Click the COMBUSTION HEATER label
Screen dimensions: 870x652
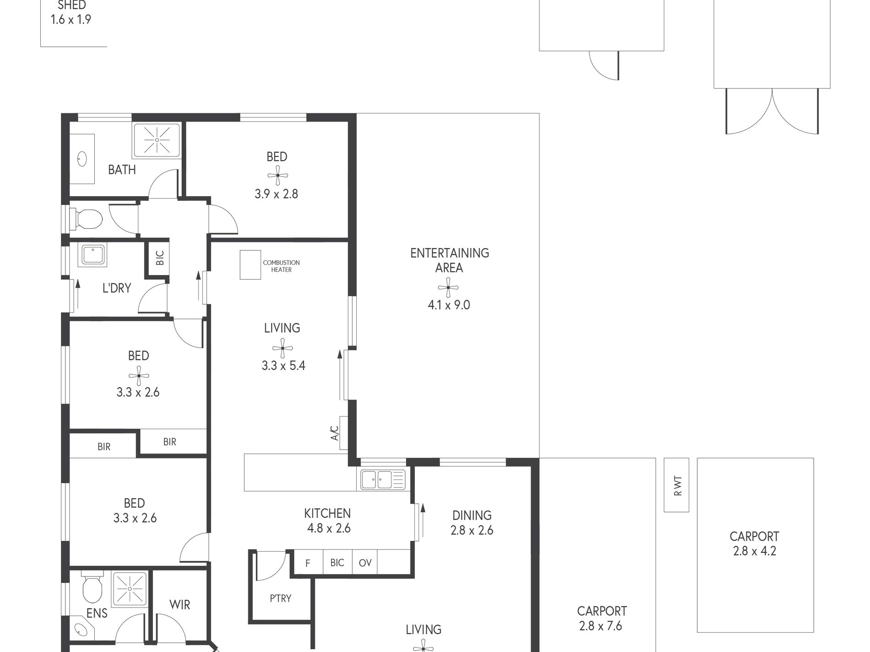[x=281, y=266]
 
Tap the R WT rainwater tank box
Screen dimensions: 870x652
[x=676, y=485]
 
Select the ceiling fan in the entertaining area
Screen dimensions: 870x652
[x=448, y=287]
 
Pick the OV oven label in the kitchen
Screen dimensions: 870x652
[x=365, y=563]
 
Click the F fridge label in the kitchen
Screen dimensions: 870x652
[x=308, y=563]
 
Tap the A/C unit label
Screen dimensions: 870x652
[x=335, y=433]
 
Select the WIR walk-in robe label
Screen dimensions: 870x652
[x=179, y=605]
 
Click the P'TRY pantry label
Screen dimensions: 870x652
[x=280, y=598]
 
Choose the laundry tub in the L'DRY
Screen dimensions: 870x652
[x=93, y=255]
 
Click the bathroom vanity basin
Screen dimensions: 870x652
[x=82, y=159]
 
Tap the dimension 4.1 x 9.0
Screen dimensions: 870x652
[x=449, y=305]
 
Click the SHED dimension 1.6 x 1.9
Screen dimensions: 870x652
[x=71, y=19]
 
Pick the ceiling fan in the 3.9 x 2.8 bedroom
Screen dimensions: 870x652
[x=277, y=175]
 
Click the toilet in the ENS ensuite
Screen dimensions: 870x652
[x=92, y=590]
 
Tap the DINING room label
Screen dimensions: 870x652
[x=472, y=516]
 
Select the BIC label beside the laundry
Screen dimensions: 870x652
[x=160, y=258]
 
